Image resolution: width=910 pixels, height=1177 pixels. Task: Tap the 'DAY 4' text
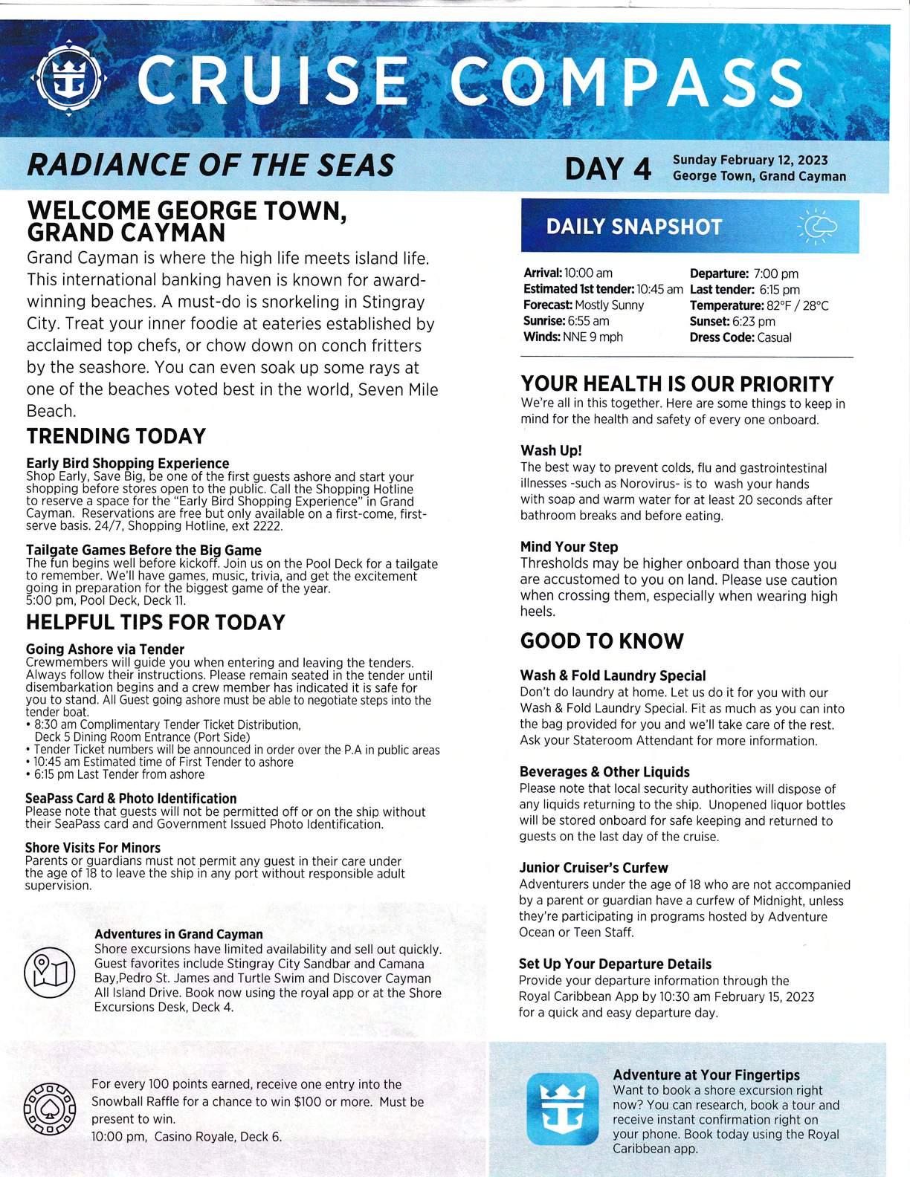608,169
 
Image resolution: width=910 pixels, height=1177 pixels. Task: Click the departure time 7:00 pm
775,273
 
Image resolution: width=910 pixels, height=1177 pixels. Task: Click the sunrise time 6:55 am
589,321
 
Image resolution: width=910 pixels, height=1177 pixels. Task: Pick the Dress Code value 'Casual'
774,337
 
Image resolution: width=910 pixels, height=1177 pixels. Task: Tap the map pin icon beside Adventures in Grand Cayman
50,972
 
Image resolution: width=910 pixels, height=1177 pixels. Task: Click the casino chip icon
50,1109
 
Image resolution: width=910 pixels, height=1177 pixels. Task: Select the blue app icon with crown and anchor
562,1109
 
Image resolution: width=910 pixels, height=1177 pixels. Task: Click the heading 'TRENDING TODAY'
116,436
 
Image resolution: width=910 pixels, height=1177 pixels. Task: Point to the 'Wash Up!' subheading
551,450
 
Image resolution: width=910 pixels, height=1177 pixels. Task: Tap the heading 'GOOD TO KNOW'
601,641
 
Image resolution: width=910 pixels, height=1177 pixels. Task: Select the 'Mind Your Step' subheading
569,547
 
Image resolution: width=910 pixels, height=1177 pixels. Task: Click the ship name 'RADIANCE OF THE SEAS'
210,165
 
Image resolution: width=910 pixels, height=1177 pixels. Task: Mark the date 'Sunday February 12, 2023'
749,160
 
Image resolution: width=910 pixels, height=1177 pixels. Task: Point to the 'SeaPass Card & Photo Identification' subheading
131,799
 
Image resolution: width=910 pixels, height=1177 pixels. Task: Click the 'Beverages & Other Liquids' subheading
604,772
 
